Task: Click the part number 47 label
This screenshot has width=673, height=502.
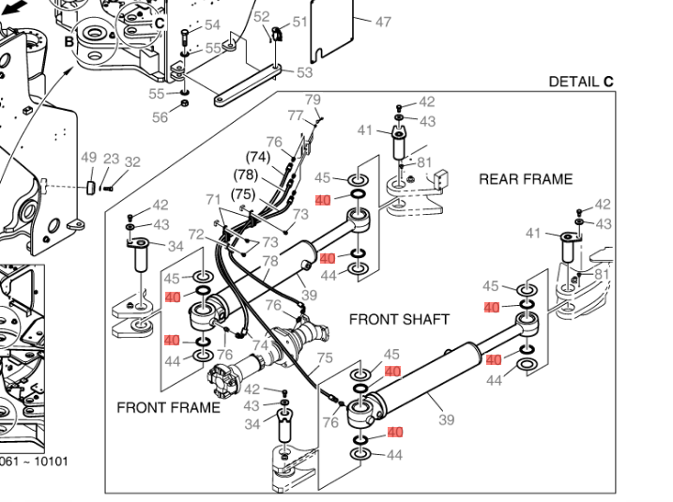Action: click(x=383, y=22)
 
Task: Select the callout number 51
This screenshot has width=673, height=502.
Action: click(x=299, y=22)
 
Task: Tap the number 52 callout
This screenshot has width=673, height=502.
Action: click(x=262, y=17)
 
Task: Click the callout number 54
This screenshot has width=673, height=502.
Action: click(x=212, y=25)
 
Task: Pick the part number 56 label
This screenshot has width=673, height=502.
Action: click(x=161, y=117)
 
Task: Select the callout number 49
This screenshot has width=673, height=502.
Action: click(x=89, y=159)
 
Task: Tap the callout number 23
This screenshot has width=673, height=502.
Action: click(x=111, y=160)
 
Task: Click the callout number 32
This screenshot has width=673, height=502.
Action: click(x=132, y=162)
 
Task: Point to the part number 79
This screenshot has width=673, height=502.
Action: click(x=314, y=99)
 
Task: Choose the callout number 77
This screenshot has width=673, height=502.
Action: click(x=296, y=115)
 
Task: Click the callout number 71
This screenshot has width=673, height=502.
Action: click(x=214, y=199)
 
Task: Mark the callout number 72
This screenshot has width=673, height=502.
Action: click(x=196, y=234)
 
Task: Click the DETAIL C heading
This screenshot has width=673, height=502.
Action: click(x=581, y=82)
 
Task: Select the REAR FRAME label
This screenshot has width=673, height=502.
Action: click(x=526, y=179)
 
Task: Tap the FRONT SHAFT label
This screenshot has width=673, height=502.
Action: click(x=399, y=319)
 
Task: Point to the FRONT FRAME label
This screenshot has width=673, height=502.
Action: click(x=168, y=407)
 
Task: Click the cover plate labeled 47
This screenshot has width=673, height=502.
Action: click(x=332, y=23)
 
